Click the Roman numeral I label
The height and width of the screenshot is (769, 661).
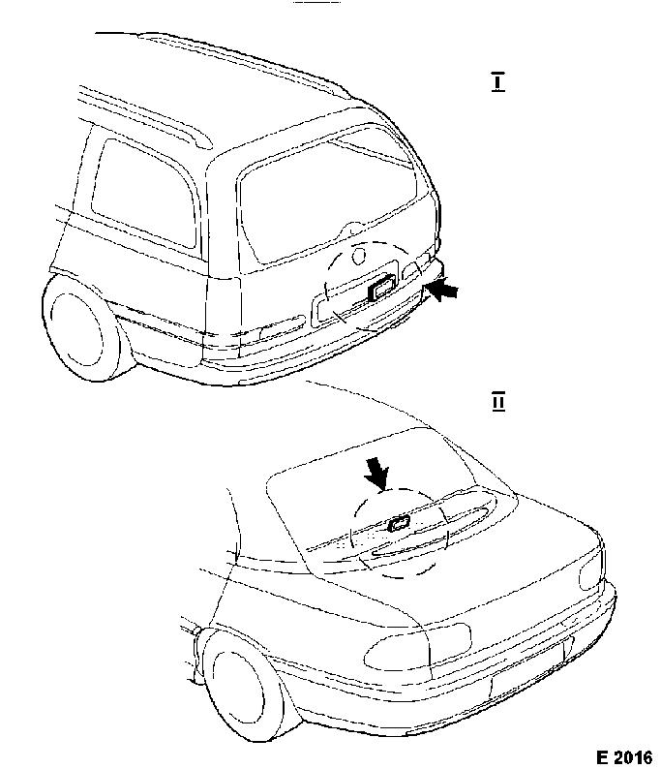[497, 82]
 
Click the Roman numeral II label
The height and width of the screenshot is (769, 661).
[497, 401]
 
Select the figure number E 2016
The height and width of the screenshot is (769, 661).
[624, 756]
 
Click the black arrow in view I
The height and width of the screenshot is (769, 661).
[442, 290]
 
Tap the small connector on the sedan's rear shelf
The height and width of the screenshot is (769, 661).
[399, 524]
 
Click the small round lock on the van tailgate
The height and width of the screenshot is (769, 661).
[359, 255]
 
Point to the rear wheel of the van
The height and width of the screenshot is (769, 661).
[83, 327]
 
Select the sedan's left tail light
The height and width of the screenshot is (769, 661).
[416, 646]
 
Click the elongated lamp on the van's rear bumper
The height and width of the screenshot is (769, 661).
[283, 326]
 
